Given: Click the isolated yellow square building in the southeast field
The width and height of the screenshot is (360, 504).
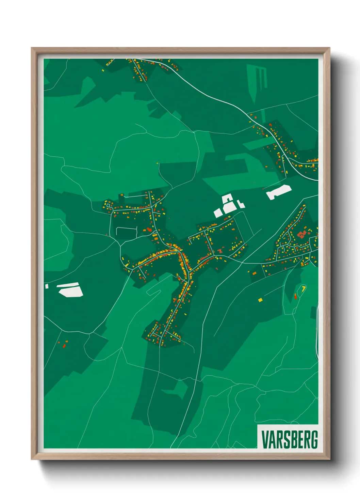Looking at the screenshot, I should click(260, 300).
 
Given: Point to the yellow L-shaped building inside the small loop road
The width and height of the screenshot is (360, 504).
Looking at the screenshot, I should click(303, 288).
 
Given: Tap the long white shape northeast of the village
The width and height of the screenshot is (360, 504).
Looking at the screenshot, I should click(279, 192).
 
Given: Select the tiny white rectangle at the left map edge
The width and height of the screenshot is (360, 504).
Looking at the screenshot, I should click(47, 286).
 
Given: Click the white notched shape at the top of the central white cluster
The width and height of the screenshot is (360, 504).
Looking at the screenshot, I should click(227, 198).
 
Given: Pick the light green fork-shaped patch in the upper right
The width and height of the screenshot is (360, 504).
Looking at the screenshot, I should click(258, 80).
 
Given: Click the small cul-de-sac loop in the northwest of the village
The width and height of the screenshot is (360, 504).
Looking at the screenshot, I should click(109, 205).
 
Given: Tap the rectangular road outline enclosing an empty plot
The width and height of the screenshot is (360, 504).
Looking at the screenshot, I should click(126, 232).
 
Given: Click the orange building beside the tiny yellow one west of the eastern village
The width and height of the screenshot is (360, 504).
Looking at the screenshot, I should click(254, 273).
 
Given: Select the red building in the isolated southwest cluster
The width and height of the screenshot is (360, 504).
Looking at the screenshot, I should click(64, 346).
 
